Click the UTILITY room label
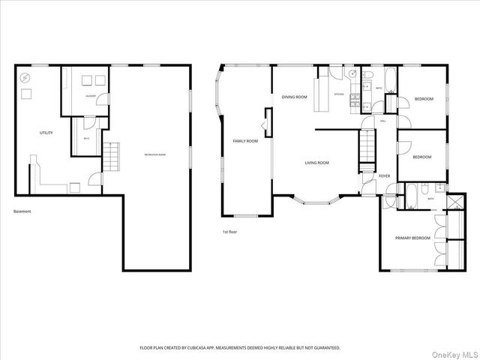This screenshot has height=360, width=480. click(46, 133)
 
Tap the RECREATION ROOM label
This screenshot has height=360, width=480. click(155, 154)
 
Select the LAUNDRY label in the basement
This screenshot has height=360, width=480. click(89, 96)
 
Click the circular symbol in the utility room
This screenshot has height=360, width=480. click(25, 77)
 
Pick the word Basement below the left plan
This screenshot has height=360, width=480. click(22, 211)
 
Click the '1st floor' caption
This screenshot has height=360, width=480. click(229, 232)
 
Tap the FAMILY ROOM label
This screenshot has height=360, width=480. click(245, 140)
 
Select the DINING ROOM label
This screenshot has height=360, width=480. click(295, 97)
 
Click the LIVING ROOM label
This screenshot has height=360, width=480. click(316, 163)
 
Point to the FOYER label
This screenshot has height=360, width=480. click(384, 175)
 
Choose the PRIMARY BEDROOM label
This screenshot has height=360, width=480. click(413, 238)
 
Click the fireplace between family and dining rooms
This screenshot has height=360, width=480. click(265, 121)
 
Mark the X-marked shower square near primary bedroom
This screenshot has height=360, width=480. click(455, 202)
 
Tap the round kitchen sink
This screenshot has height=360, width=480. click(352, 75)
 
